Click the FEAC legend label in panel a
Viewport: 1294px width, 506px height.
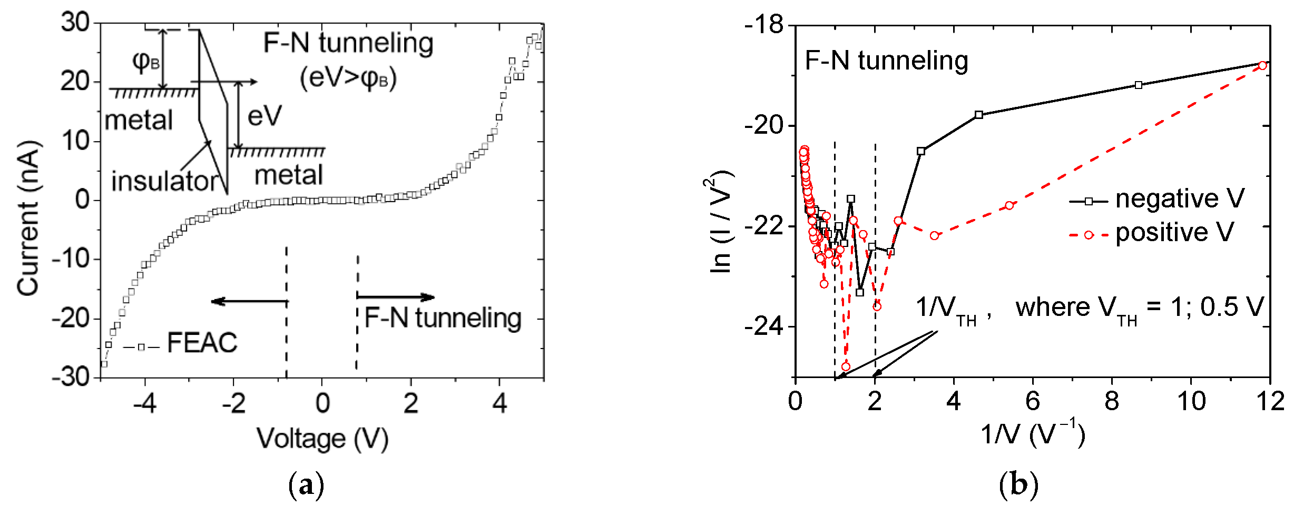click(x=202, y=343)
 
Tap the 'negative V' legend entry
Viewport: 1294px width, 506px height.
click(x=1179, y=199)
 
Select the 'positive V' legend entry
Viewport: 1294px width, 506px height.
click(x=1174, y=233)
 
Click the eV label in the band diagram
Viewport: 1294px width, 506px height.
click(x=264, y=116)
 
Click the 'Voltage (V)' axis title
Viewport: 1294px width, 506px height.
click(x=322, y=439)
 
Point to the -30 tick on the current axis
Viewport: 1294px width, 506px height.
click(x=73, y=378)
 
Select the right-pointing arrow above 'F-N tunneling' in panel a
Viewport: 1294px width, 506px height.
click(x=396, y=297)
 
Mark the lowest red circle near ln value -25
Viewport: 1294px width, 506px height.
click(x=846, y=366)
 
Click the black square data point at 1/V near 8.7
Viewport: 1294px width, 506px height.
click(x=1138, y=85)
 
